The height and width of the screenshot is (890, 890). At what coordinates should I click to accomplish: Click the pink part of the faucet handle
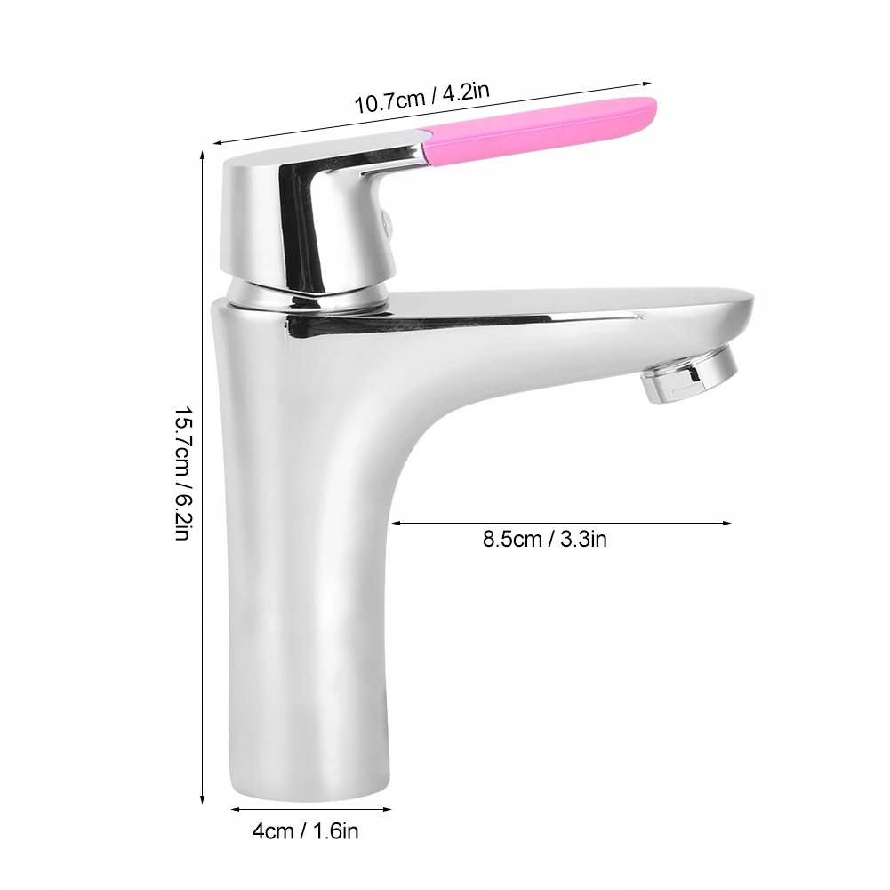tap(539, 130)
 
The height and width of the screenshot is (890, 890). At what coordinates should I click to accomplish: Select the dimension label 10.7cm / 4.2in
tap(421, 98)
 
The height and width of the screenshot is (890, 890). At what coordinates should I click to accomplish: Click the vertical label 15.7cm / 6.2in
tap(183, 472)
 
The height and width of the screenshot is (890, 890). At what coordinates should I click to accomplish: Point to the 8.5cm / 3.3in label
tap(545, 539)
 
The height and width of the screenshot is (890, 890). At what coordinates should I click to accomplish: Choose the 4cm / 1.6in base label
tap(305, 832)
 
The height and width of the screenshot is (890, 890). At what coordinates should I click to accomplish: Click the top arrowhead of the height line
tap(203, 156)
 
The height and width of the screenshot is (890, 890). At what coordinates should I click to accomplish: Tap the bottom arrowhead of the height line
tap(203, 799)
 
